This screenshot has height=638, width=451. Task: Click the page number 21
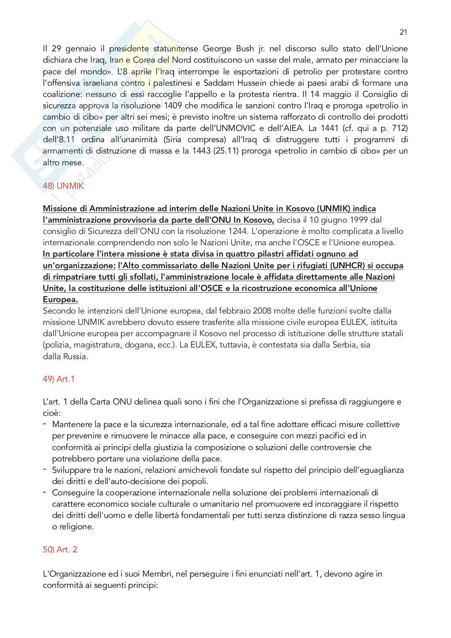[403, 32]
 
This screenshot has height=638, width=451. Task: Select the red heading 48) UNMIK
[63, 186]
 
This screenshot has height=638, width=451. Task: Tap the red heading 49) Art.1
[59, 379]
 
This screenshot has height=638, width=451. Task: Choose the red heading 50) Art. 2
[60, 550]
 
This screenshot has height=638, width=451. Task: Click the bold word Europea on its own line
[60, 299]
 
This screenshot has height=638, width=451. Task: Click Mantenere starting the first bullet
[71, 424]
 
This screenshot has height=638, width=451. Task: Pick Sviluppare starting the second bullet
[71, 470]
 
